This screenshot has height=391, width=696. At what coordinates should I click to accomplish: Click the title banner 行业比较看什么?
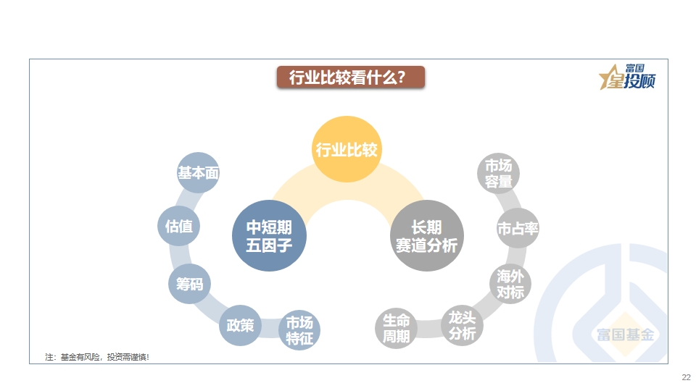(x=351, y=77)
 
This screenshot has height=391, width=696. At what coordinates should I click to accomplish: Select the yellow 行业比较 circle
(x=347, y=149)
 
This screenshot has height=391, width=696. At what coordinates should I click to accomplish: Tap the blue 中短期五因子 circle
(x=269, y=235)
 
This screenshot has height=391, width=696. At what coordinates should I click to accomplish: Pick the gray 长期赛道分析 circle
(x=426, y=235)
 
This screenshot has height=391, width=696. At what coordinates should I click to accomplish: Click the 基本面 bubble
(x=198, y=172)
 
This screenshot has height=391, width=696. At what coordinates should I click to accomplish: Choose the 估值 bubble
(x=178, y=226)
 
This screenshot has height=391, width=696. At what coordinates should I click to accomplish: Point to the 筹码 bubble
(x=189, y=284)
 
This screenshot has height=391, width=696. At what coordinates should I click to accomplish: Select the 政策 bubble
(x=240, y=325)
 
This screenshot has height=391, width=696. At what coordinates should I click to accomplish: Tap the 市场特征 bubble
(x=299, y=330)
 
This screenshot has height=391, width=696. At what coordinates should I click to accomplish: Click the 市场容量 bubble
(x=499, y=173)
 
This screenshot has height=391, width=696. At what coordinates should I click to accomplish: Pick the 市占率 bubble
(x=518, y=228)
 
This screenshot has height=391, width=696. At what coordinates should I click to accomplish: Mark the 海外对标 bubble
(x=510, y=284)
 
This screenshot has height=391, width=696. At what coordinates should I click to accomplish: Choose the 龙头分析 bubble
(x=462, y=325)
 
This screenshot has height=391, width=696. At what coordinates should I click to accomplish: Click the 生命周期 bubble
(x=396, y=328)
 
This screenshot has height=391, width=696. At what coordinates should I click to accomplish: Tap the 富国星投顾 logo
(x=627, y=77)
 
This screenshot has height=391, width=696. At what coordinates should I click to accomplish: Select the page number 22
(x=687, y=377)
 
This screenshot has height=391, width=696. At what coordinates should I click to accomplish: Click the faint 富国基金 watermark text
(x=626, y=335)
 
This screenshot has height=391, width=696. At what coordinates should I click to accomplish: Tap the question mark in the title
(x=401, y=77)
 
